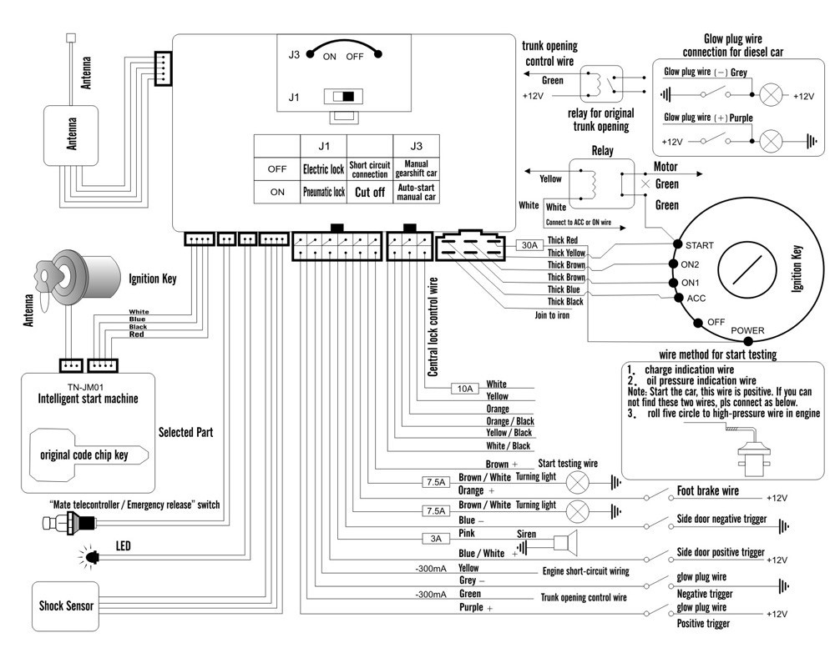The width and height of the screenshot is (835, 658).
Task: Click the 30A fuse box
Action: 529,245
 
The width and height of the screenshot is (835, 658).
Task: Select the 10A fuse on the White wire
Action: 465,389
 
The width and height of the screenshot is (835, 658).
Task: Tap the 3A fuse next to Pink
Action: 436,539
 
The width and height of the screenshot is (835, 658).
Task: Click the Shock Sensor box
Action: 65,606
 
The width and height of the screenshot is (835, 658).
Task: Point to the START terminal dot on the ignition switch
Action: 677,244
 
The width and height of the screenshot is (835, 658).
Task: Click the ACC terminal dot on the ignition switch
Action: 678,298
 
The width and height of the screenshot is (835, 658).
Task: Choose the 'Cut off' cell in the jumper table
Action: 370,192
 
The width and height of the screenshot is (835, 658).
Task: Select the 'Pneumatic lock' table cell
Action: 324,192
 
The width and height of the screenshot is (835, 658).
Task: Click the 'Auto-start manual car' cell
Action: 416,192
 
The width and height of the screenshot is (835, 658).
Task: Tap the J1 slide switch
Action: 343,97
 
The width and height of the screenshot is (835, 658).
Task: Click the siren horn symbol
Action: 565,543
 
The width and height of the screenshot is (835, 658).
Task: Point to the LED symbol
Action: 92,556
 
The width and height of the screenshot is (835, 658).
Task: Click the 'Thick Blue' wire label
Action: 564,289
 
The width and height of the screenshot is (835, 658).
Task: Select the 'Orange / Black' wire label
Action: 509,421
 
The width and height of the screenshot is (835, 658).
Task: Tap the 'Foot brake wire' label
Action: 708,491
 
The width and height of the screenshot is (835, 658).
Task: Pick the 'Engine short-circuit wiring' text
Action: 586,571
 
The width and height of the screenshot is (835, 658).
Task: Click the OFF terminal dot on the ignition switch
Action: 698,323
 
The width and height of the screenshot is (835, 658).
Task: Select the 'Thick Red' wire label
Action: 562,240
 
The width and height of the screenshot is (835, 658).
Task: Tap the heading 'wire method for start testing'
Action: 718,354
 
